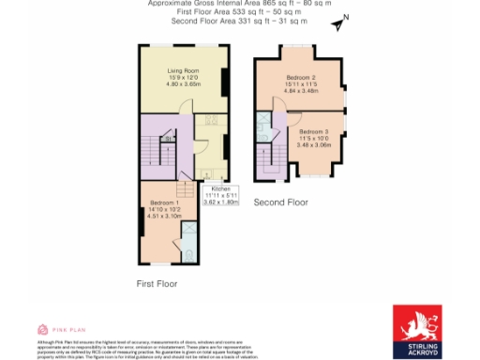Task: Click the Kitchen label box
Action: (222, 195)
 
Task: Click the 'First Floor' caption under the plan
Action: (157, 283)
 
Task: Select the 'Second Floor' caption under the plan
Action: (281, 202)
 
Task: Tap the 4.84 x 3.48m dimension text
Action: (299, 89)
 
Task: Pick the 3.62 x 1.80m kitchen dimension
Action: (222, 202)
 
